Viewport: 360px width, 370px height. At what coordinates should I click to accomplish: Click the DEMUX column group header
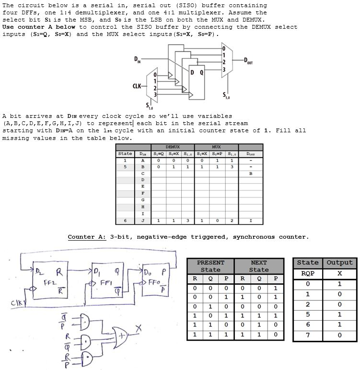click(x=173, y=147)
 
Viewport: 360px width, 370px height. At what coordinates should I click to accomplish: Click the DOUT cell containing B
click(x=251, y=174)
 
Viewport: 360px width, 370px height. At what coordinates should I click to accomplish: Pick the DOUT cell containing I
click(x=251, y=220)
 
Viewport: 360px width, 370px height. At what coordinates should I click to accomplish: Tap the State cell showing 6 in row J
click(x=125, y=220)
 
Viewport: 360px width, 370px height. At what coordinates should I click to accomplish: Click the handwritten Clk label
click(x=12, y=302)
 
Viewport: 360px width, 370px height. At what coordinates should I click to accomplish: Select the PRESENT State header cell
click(x=210, y=266)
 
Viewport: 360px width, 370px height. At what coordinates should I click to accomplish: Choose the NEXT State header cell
click(x=259, y=266)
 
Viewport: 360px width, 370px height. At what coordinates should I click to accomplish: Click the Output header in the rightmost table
click(x=339, y=263)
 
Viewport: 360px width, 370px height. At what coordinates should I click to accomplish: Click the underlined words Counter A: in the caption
click(x=87, y=237)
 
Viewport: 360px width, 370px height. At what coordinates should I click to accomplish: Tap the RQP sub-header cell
click(x=308, y=273)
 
